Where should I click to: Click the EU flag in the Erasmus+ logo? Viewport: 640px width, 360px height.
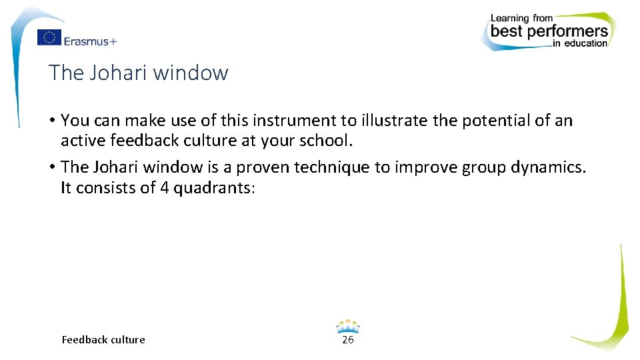pyautogui.click(x=49, y=38)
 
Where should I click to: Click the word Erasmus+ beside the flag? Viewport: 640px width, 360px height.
pyautogui.click(x=90, y=41)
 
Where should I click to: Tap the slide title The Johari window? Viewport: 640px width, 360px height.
pyautogui.click(x=139, y=73)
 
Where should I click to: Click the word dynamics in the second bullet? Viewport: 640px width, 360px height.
pyautogui.click(x=548, y=167)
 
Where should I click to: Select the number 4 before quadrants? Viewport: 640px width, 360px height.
pyautogui.click(x=164, y=188)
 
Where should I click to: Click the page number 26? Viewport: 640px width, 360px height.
pyautogui.click(x=347, y=340)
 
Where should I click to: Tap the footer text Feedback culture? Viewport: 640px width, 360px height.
pyautogui.click(x=103, y=340)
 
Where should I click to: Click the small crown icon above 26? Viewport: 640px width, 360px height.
pyautogui.click(x=347, y=326)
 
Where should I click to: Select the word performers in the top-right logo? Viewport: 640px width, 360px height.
pyautogui.click(x=568, y=31)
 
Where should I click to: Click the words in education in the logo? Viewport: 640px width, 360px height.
pyautogui.click(x=579, y=44)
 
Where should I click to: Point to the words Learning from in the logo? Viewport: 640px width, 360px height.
pyautogui.click(x=522, y=18)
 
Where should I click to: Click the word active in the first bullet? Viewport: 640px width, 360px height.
pyautogui.click(x=83, y=141)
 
